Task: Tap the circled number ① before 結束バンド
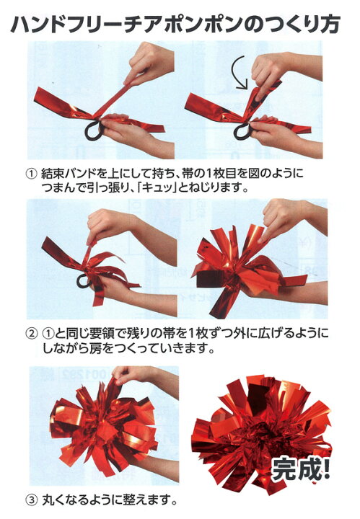(30, 174)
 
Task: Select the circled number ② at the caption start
(30, 333)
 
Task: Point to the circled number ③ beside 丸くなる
(30, 499)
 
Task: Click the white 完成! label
(301, 469)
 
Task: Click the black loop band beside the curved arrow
(242, 131)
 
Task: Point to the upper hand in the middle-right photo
(291, 218)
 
